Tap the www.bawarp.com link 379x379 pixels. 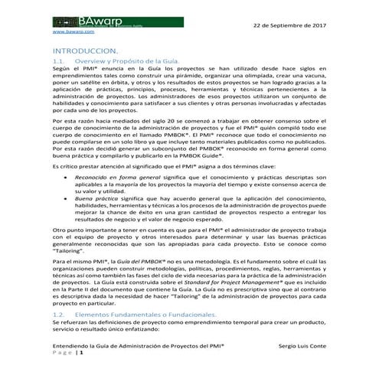(73, 33)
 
